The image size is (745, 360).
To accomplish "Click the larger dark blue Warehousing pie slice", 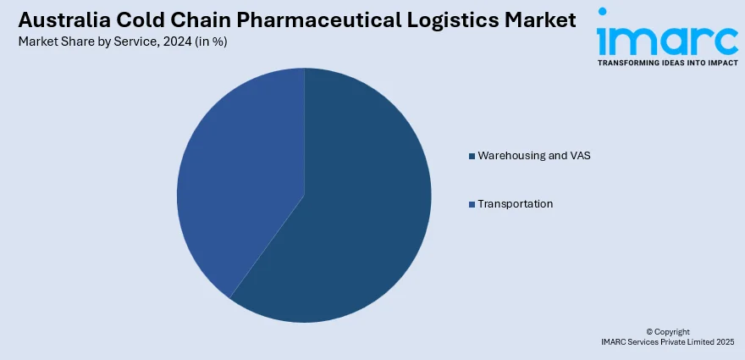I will click(x=356, y=220).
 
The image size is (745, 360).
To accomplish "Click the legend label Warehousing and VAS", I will click(x=528, y=156).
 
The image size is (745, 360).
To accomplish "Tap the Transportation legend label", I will click(x=515, y=204).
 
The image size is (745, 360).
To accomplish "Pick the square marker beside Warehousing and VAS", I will click(x=472, y=156).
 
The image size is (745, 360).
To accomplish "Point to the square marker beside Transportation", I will click(x=472, y=204).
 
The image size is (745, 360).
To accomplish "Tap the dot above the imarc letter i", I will click(x=602, y=12).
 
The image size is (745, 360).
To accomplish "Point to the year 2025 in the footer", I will click(x=723, y=341).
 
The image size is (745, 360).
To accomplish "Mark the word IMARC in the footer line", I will click(x=613, y=341).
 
